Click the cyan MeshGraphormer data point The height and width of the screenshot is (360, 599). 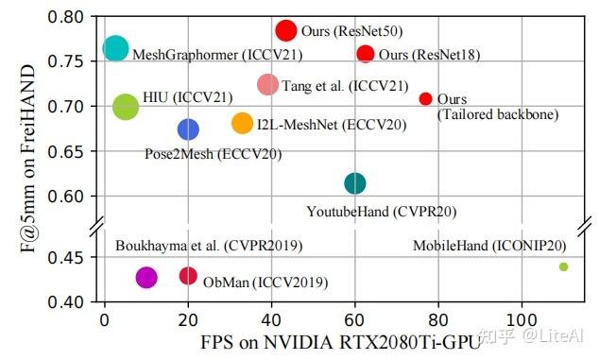115,48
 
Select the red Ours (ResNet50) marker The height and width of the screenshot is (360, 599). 286,30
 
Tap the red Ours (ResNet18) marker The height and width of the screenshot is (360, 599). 366,54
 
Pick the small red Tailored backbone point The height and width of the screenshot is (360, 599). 425,99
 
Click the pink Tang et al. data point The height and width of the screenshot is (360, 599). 268,85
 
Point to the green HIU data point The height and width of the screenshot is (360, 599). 126,107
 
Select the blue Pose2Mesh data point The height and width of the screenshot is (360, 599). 188,129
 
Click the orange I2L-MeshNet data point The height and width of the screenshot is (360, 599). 243,123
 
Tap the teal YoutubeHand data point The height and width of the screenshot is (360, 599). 355,183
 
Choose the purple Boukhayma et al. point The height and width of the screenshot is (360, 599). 146,277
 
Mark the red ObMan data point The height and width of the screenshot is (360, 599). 188,276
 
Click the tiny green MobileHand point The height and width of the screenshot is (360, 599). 564,266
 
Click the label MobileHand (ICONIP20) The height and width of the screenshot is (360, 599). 486,246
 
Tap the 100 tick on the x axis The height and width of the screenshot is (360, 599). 522,320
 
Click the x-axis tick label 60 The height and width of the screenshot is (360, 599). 355,320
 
